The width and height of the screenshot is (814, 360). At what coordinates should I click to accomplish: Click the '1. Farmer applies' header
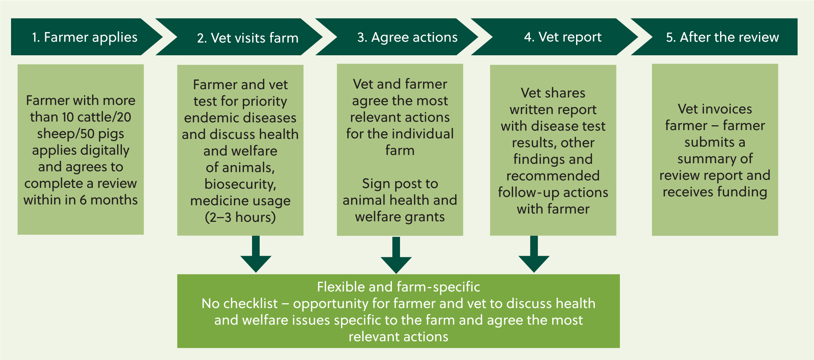point(85,37)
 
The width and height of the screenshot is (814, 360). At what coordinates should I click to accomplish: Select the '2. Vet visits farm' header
point(248,38)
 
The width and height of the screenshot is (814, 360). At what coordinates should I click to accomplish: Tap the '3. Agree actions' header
point(407,37)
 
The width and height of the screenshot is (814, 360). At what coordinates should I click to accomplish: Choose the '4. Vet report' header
point(563,37)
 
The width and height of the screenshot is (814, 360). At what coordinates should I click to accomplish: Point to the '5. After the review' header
point(722,37)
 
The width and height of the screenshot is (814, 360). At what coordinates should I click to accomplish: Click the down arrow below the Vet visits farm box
point(256,254)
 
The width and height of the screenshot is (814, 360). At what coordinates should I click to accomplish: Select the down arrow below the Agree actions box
point(396,255)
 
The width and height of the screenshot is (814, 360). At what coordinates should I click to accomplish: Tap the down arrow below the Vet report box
point(534,254)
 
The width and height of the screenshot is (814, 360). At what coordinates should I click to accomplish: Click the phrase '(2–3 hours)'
point(240,217)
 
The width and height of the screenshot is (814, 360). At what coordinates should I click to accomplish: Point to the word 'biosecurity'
point(240,184)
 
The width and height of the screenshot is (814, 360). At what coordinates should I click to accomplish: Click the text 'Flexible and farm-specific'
point(399,287)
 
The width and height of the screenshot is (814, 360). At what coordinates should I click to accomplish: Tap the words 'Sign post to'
point(400,184)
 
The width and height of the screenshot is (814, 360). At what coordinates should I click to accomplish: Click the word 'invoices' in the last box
point(728,109)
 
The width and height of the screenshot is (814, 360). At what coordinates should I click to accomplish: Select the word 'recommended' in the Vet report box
point(553,176)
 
